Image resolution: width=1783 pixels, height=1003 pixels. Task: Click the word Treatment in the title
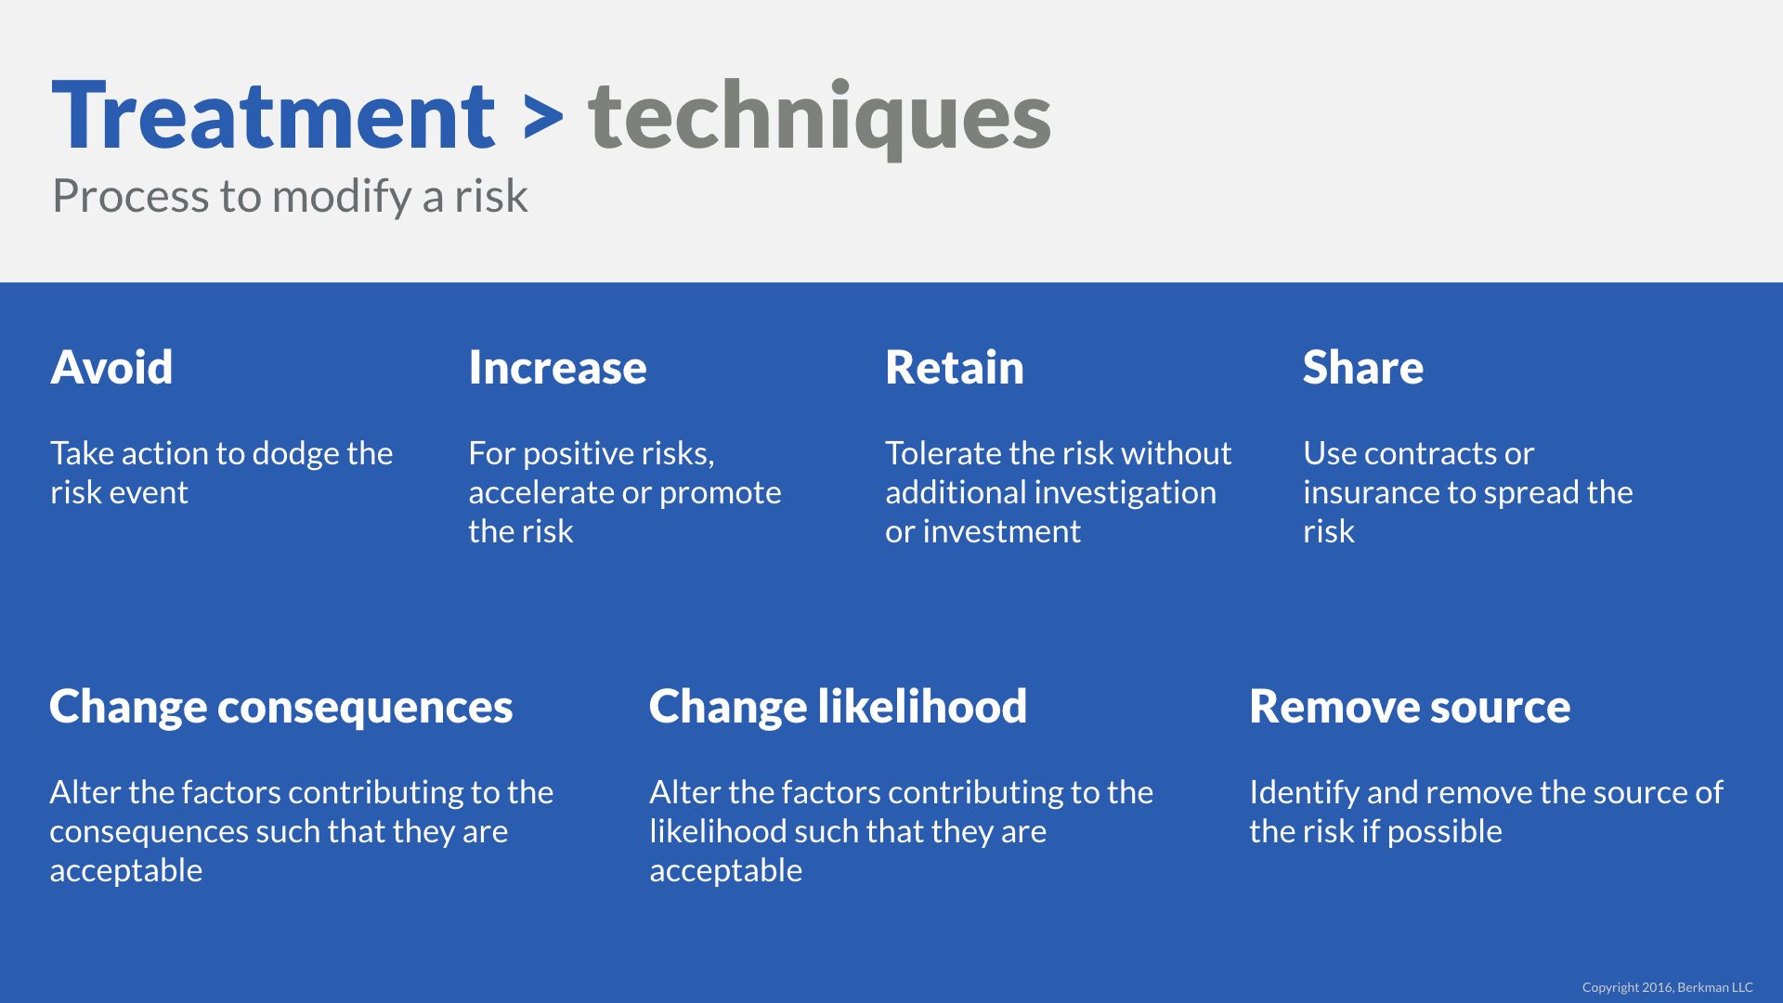coord(273,115)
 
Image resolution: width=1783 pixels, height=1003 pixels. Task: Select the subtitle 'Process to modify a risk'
coord(290,197)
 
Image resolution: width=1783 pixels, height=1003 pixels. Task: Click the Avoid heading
coord(111,367)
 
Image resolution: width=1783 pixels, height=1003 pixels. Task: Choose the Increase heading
coord(557,367)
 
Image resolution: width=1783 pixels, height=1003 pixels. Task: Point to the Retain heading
coord(955,367)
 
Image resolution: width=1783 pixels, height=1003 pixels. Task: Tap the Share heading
coord(1363,367)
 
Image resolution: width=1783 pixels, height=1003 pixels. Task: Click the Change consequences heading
coord(280,707)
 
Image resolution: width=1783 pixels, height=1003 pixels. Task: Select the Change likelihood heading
coord(838,706)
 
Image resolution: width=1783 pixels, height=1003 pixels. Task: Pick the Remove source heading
coord(1410,706)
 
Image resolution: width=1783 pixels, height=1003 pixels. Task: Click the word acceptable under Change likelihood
coord(725,872)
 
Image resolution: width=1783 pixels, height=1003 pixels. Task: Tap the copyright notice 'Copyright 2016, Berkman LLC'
coord(1668,987)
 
